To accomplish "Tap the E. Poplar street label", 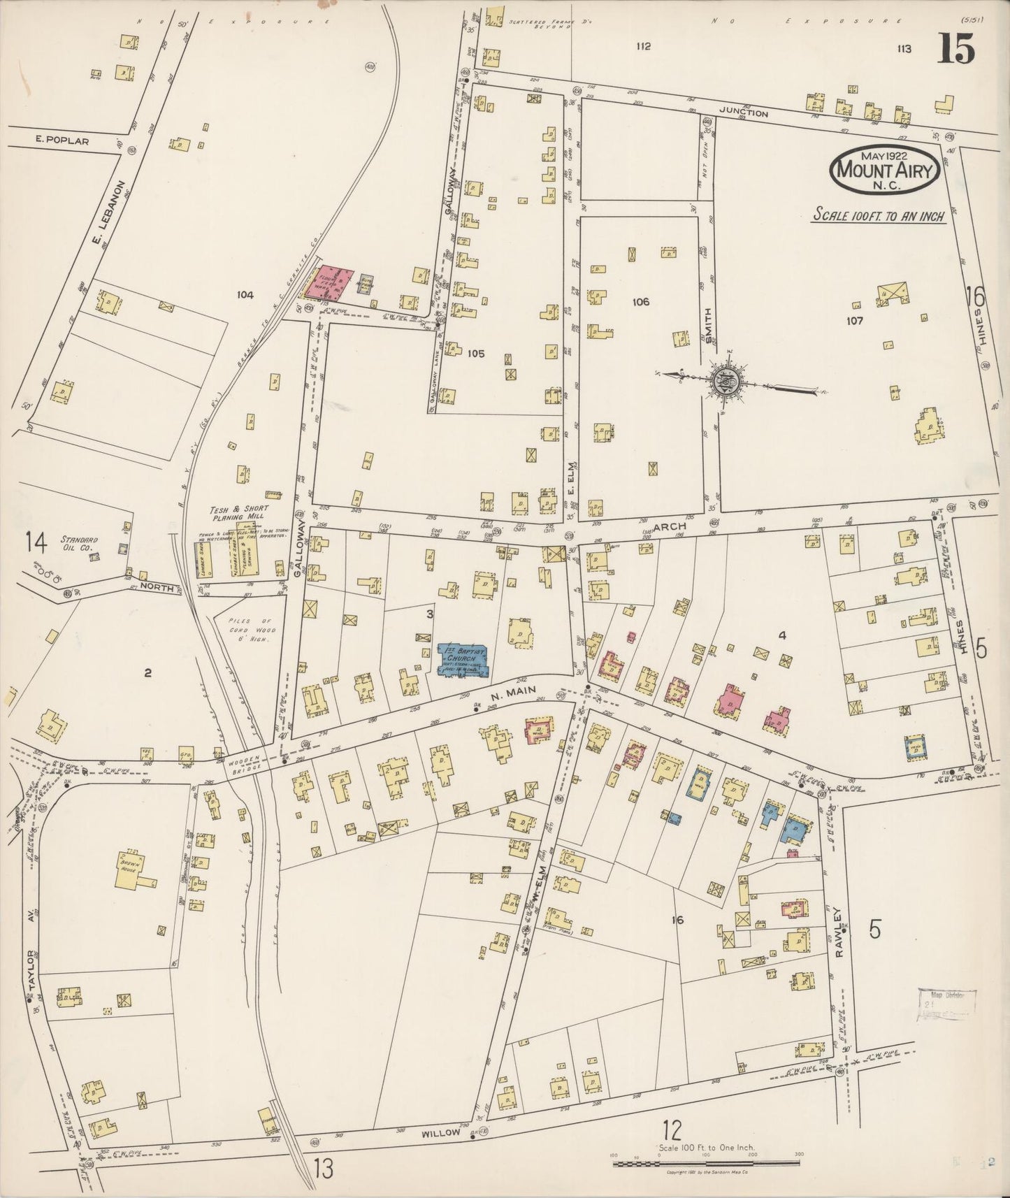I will click(x=62, y=140).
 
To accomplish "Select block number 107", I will click(x=854, y=321).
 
